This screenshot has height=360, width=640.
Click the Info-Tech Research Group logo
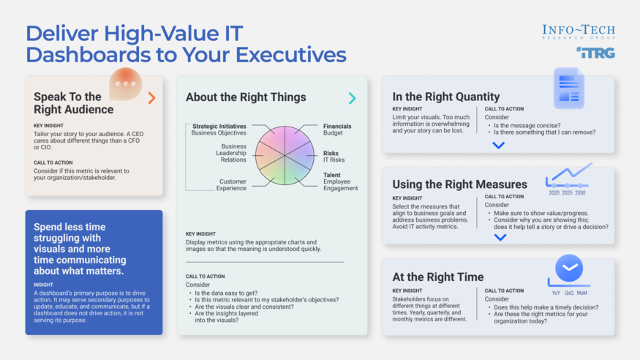point(578,31)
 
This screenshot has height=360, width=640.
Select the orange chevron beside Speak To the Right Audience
point(151,97)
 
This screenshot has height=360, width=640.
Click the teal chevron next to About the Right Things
point(352,97)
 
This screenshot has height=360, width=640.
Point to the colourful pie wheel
point(285,155)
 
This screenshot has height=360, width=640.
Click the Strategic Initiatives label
point(219,127)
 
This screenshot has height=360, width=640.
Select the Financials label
point(337,127)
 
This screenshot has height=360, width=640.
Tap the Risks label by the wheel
point(331,154)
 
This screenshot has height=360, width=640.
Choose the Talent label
point(332,176)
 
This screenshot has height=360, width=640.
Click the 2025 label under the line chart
point(567,193)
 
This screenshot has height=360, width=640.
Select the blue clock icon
point(568,269)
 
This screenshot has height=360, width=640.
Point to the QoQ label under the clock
point(569,293)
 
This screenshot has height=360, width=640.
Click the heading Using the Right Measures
point(459,184)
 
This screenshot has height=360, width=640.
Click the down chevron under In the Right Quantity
point(498,145)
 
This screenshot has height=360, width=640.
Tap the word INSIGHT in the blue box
point(43,285)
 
